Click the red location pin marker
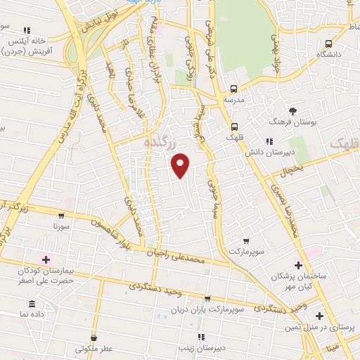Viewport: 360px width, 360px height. pos(181,165)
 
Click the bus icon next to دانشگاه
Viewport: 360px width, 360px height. pos(328,44)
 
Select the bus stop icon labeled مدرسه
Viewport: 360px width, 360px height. pos(234,89)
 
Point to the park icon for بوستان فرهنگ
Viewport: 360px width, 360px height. pos(293,111)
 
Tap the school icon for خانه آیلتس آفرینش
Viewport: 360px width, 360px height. pos(27,31)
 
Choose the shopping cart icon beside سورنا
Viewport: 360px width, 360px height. pos(61,216)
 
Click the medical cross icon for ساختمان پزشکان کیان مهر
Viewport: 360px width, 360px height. pos(299,266)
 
